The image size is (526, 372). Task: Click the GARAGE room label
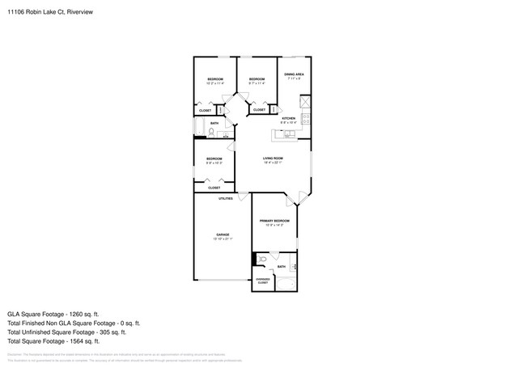(222, 234)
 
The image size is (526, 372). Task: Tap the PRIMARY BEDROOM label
(274, 221)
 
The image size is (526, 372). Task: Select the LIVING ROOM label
(272, 158)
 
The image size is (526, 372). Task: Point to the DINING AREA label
(293, 74)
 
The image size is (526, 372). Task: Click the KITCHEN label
(288, 118)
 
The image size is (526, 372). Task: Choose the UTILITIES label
(226, 198)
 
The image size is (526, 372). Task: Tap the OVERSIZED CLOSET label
(263, 281)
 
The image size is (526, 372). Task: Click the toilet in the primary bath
(263, 259)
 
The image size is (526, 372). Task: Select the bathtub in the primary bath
(286, 283)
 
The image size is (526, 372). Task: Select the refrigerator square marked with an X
(305, 102)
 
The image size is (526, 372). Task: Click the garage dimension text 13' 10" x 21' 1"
(222, 239)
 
